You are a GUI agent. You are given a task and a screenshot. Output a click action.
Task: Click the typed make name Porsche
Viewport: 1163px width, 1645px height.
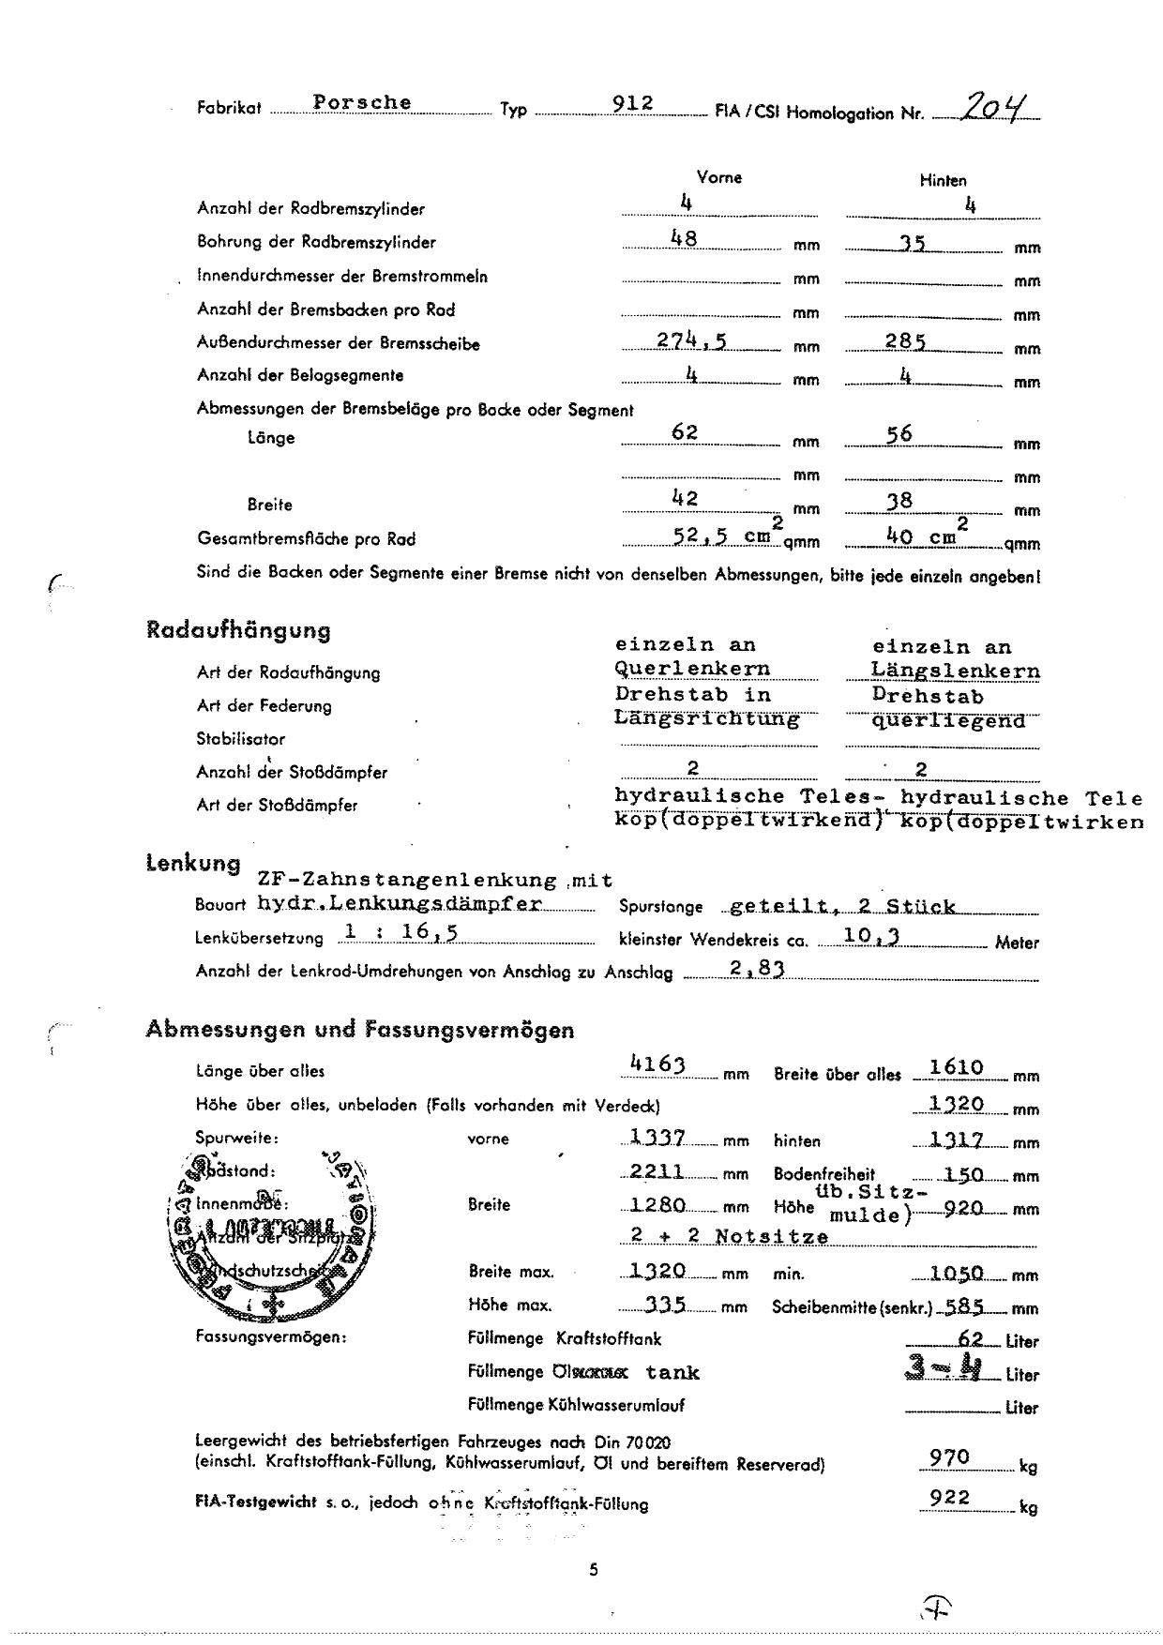(362, 102)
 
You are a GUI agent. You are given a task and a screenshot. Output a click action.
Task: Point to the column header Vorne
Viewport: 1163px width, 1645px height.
(719, 177)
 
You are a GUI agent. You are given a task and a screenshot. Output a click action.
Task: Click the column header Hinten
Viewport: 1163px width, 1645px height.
(943, 180)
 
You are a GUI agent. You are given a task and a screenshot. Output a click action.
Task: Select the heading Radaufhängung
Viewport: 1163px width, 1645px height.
(238, 630)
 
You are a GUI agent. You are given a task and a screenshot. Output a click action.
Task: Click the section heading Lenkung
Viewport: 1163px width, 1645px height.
(193, 863)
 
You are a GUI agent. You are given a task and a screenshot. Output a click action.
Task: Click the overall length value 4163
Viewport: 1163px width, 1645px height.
(658, 1064)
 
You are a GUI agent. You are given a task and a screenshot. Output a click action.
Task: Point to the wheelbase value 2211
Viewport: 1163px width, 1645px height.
(657, 1171)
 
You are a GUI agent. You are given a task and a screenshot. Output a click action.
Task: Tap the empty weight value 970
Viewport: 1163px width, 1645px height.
(949, 1457)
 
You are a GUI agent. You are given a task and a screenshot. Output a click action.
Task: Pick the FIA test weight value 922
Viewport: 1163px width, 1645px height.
(949, 1498)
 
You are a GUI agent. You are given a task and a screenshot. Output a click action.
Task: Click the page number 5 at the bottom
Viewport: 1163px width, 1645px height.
(594, 1569)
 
